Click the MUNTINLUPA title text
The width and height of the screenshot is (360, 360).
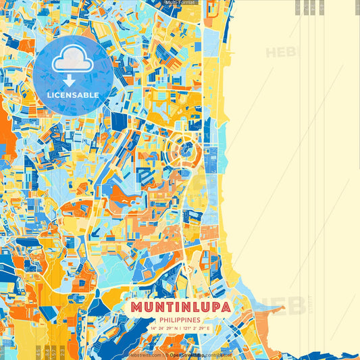(x=180, y=307)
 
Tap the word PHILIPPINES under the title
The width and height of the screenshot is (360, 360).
(x=180, y=319)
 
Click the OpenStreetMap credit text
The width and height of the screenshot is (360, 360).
(x=190, y=354)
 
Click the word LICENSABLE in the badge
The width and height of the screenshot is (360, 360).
(x=72, y=95)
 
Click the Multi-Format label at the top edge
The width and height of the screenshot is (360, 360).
(x=179, y=3)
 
